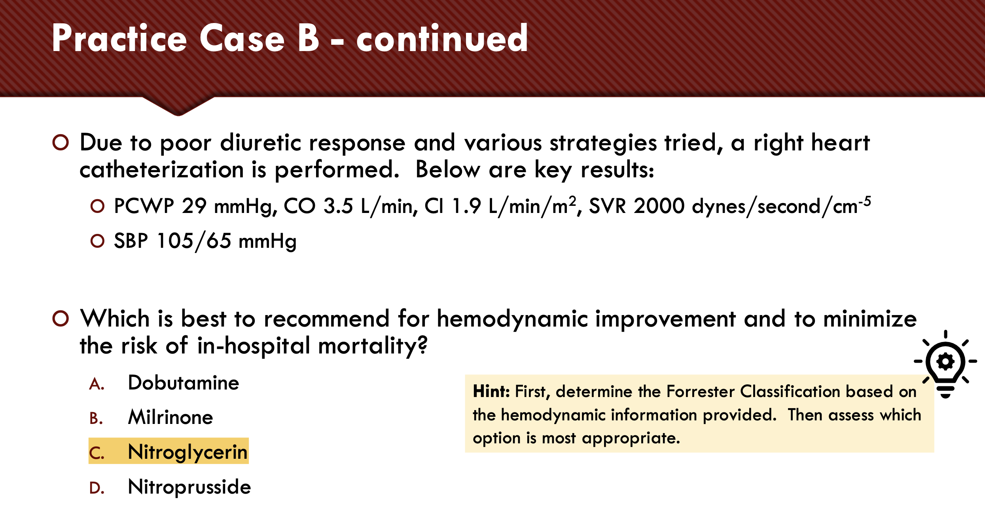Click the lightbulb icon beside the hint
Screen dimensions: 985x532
[945, 364]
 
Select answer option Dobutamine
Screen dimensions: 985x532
[184, 383]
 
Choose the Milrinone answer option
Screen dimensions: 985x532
[170, 417]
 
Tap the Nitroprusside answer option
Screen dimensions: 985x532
[189, 486]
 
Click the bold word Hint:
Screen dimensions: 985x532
[491, 391]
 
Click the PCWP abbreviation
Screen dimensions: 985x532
[144, 206]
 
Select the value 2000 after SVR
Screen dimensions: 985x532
[659, 206]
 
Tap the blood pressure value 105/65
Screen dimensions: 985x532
[194, 241]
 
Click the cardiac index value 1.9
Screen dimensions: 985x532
[466, 206]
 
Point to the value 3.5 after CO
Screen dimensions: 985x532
[338, 206]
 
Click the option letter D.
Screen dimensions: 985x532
[97, 488]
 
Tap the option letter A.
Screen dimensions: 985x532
[97, 384]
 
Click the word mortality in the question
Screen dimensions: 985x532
[373, 346]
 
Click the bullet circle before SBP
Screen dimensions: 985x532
[97, 241]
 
